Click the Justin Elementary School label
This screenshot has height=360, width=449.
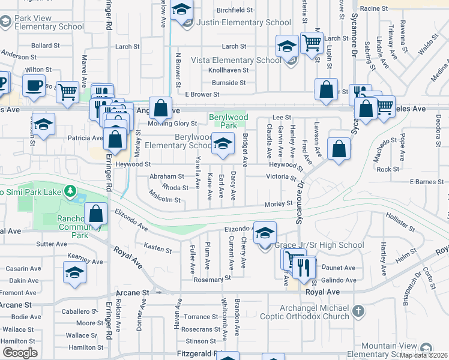[x=245, y=23]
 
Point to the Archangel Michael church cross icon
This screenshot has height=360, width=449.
[x=358, y=311]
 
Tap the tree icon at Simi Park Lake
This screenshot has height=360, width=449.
[x=70, y=191]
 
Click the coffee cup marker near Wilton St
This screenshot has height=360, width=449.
[x=34, y=85]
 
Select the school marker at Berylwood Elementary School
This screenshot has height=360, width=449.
[x=223, y=143]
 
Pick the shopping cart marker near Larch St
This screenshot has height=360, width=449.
[x=312, y=43]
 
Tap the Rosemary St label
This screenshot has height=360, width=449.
[x=212, y=279]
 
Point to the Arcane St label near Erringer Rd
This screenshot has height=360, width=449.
[x=131, y=293]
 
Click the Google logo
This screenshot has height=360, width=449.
[x=20, y=353]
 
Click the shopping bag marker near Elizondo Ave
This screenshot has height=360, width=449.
[x=96, y=213]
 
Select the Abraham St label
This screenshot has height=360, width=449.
[x=166, y=176]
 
